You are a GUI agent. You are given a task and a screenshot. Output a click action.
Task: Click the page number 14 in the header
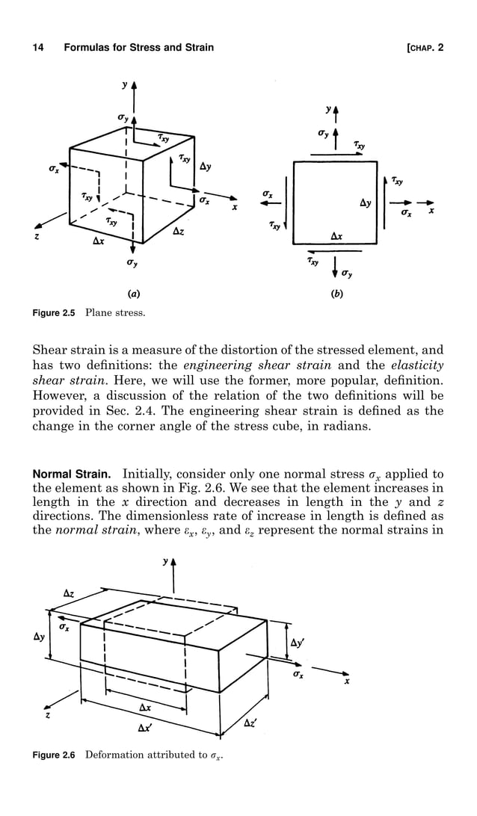(x=37, y=48)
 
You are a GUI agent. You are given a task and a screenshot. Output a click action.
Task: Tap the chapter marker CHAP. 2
(x=425, y=48)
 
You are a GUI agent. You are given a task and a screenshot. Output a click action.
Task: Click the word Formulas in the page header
(x=88, y=48)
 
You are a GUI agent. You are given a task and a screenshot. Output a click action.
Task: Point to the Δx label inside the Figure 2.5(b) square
(x=336, y=235)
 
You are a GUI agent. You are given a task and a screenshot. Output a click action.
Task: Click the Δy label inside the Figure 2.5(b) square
(x=366, y=203)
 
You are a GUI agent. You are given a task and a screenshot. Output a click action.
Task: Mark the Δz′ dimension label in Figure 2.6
(x=251, y=723)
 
